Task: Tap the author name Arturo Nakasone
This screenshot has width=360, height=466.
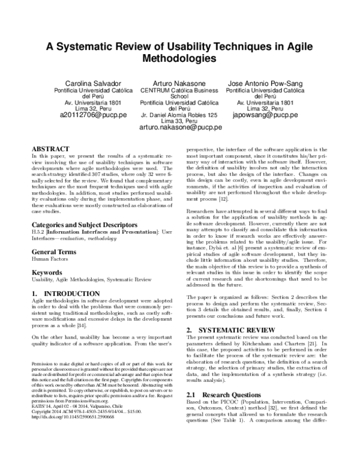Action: [x=180, y=82]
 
